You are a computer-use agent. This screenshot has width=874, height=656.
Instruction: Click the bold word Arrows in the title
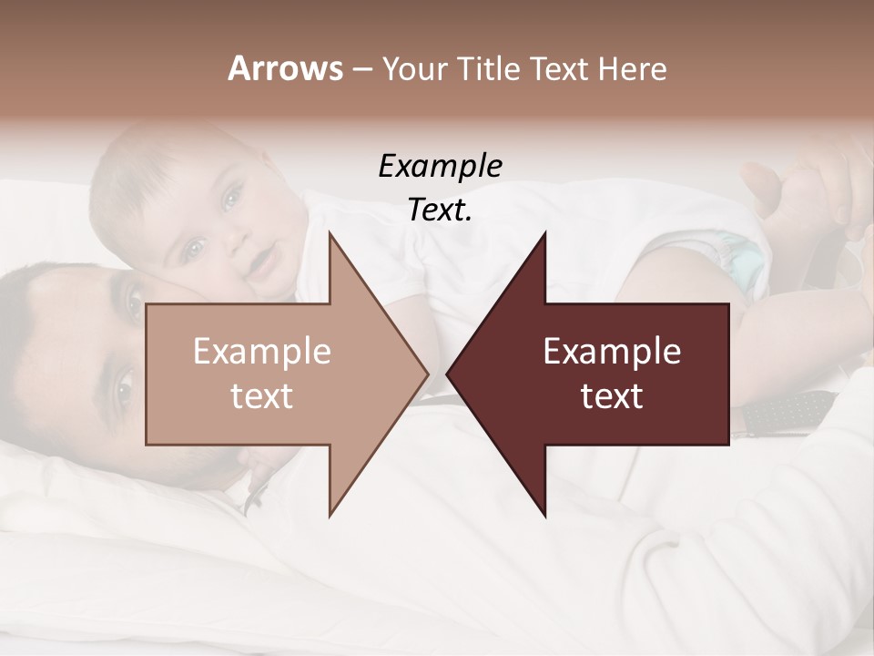pos(285,68)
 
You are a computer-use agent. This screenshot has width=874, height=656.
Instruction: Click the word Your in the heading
pos(414,68)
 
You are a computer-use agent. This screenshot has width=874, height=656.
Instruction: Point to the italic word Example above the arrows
pos(440,166)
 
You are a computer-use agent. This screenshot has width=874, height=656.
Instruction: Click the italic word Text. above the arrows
pos(440,210)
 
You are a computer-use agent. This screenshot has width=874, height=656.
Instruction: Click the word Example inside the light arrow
pos(262,352)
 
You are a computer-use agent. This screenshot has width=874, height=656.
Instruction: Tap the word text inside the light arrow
pos(262,396)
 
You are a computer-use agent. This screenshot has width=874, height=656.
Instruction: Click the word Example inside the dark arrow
pos(612,352)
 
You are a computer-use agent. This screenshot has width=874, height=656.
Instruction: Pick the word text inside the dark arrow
pos(612,396)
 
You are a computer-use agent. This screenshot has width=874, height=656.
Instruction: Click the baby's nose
pos(234,239)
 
